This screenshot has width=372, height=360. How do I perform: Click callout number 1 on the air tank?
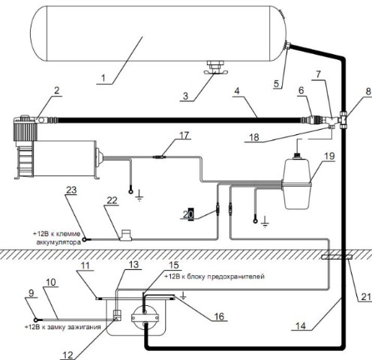(x=103, y=78)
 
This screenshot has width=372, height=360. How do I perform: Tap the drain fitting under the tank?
(x=215, y=67)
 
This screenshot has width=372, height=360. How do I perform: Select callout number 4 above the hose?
(x=237, y=91)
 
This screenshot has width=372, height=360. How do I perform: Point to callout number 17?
(x=184, y=136)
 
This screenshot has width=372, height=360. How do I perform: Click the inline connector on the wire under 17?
(x=159, y=157)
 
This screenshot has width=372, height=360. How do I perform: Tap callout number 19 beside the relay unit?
(x=329, y=156)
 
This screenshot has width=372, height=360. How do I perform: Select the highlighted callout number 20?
(x=188, y=214)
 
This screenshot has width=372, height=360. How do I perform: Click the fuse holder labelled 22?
(x=125, y=235)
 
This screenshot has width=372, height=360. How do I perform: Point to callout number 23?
(x=71, y=190)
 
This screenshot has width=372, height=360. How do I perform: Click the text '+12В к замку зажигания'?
(x=63, y=327)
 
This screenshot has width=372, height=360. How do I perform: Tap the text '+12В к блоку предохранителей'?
(x=214, y=277)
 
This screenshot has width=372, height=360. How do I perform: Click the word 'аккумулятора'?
(x=58, y=242)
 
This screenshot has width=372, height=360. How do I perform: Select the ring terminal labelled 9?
(x=36, y=319)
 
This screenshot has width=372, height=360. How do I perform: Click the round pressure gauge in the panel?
(x=145, y=317)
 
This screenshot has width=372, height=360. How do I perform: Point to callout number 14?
(x=301, y=326)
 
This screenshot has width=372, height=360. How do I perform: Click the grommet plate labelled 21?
(x=337, y=257)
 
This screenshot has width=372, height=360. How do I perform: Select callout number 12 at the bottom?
(x=67, y=355)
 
